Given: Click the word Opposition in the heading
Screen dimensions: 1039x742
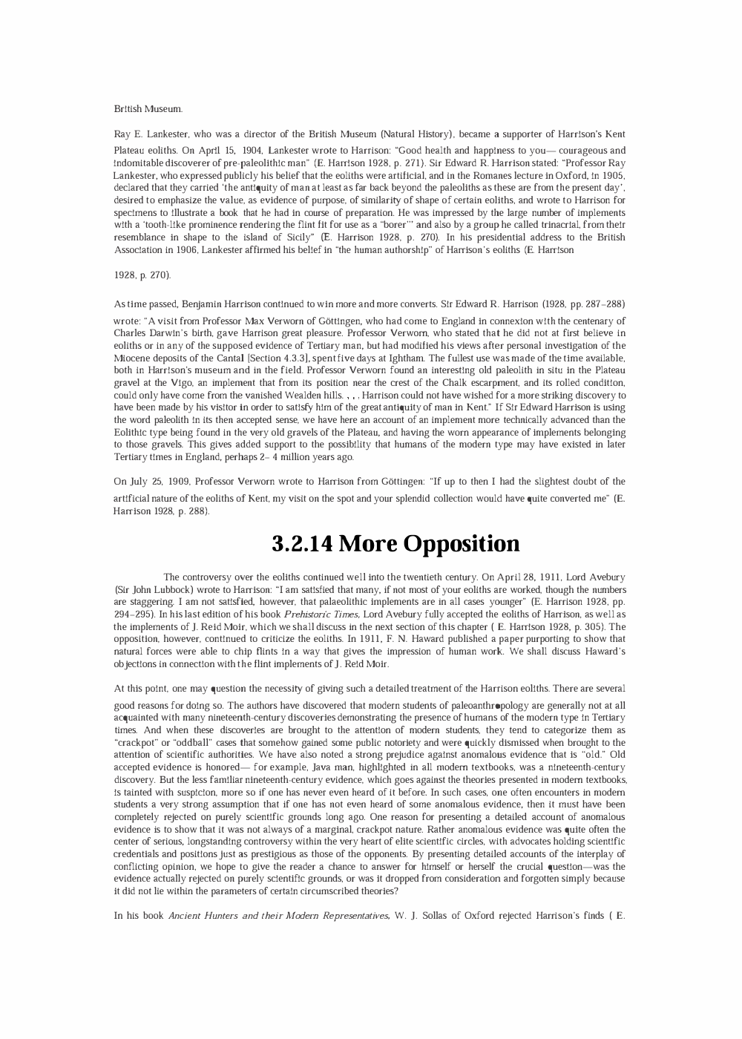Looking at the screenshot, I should click(462, 544).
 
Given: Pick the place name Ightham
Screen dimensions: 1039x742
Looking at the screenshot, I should click(381, 358).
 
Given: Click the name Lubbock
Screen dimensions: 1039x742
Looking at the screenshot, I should click(168, 589).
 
